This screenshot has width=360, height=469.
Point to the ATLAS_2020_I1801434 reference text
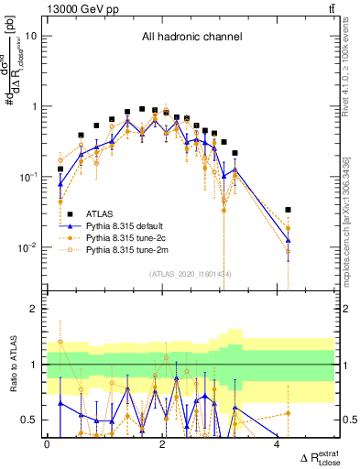[x=191, y=273]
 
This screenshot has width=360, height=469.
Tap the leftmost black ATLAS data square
[x=61, y=169]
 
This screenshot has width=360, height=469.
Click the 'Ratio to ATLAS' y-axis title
[x=13, y=362]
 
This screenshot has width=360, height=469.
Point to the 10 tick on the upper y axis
[x=31, y=36]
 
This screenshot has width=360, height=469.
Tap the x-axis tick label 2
[x=162, y=445]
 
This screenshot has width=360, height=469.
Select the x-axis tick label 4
[x=277, y=445]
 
